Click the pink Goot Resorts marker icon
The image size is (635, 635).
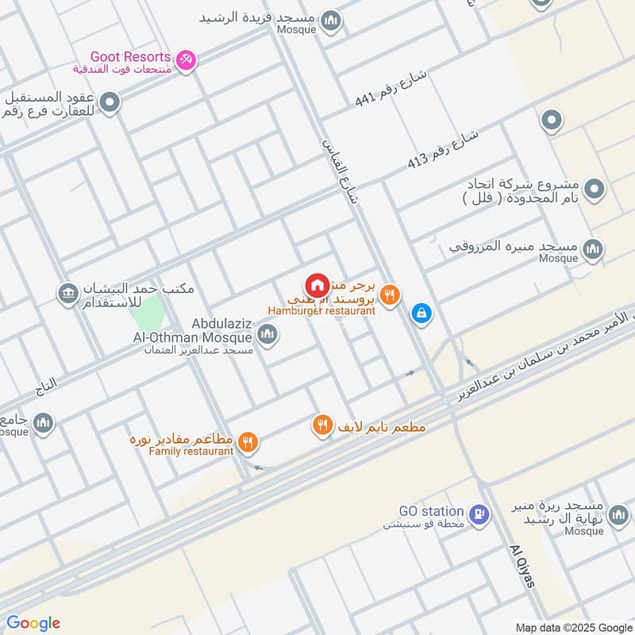coord(186,60)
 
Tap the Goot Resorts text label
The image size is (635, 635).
coord(131,57)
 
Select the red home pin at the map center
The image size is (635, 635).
coord(317,285)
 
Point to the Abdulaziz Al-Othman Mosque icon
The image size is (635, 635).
coord(267,336)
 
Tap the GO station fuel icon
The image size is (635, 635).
coord(478,514)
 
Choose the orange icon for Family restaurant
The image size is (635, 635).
coord(248,442)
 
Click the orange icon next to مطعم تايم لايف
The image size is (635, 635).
coord(322,425)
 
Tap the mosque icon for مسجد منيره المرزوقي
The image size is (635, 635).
coord(592,250)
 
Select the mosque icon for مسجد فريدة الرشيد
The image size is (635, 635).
coord(333,21)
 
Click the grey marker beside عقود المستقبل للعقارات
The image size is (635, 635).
coord(110,102)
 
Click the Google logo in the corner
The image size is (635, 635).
coord(33,623)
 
